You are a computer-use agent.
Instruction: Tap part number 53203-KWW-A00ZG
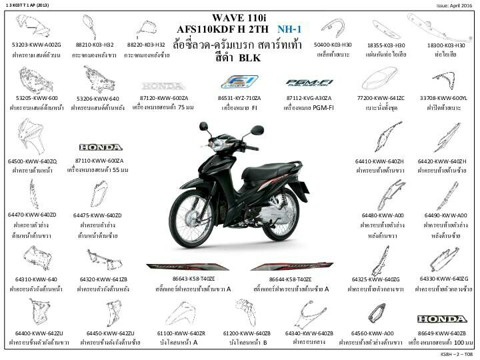(x=37, y=45)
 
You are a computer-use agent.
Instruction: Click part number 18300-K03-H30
(x=445, y=45)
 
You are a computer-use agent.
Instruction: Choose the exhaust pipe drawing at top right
(x=445, y=27)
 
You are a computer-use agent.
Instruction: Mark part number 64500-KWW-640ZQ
(x=33, y=161)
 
